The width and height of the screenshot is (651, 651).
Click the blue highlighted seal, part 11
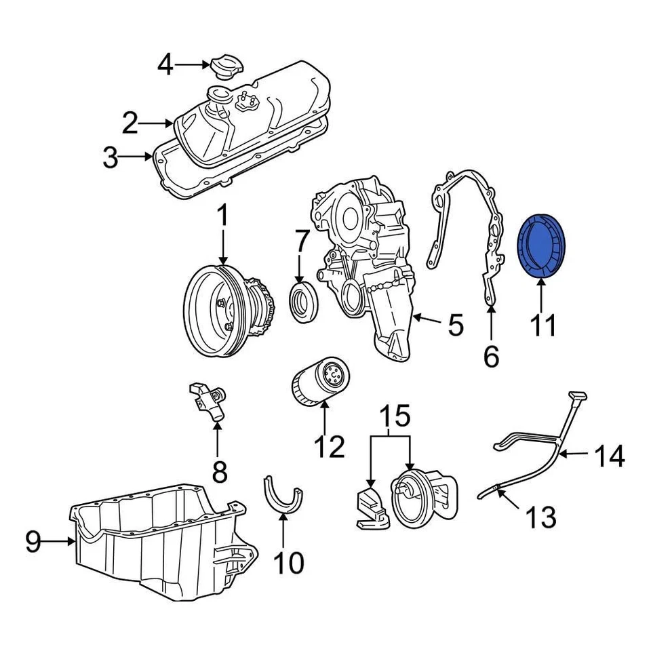(x=542, y=245)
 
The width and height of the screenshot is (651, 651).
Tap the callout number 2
(x=130, y=123)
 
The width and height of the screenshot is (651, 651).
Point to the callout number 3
(x=110, y=159)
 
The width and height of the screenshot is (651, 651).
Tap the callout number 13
(x=540, y=517)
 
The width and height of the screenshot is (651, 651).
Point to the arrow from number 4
(x=193, y=65)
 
